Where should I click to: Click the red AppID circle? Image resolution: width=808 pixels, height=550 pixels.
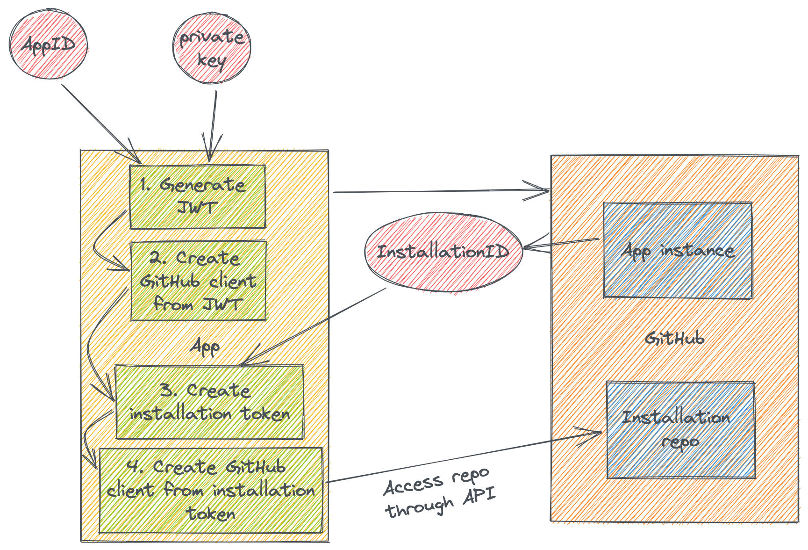coord(49,46)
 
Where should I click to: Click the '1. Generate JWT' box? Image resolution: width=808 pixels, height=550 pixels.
coord(197,196)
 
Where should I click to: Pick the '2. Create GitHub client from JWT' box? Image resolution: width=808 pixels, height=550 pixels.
coord(199,281)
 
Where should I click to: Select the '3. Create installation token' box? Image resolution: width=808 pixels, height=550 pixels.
coord(209,402)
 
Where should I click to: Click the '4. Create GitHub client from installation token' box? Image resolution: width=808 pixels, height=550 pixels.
coord(211,490)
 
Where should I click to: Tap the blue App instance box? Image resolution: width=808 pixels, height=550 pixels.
coord(678,250)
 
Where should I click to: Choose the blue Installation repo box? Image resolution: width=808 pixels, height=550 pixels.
coord(680,429)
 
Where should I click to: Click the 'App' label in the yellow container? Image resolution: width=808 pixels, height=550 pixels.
coord(206,347)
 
